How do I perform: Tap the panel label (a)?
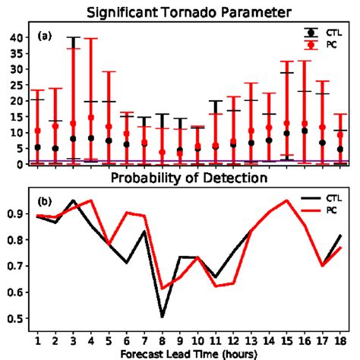click(45, 36)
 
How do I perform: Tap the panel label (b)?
click(45, 201)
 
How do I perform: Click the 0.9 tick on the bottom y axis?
click(17, 215)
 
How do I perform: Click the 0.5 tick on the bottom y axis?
click(17, 317)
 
